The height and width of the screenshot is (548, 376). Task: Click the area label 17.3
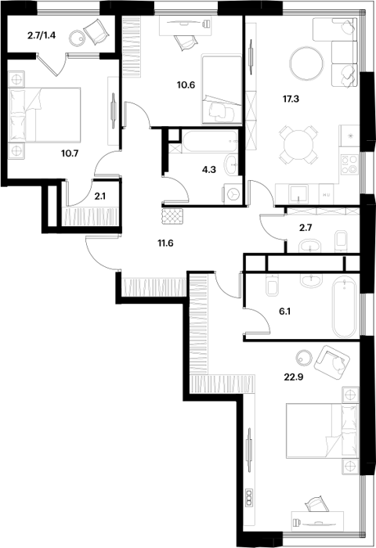(x=291, y=99)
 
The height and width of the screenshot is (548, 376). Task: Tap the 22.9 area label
(x=292, y=377)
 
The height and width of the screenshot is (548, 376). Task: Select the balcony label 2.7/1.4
(x=42, y=35)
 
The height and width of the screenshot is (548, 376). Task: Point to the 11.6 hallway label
(x=165, y=243)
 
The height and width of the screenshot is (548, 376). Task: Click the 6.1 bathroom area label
(x=284, y=312)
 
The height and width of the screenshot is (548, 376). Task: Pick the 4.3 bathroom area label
(x=209, y=170)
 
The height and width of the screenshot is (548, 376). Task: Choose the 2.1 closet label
(x=99, y=196)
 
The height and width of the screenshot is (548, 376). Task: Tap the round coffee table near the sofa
(x=307, y=64)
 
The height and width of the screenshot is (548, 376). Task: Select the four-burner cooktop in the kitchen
(x=349, y=165)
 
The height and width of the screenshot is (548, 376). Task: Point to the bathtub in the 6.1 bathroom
(x=345, y=308)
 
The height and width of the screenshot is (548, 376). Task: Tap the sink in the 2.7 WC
(x=310, y=246)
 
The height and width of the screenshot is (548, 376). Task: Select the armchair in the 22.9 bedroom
(x=331, y=362)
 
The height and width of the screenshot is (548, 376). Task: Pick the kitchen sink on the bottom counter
(x=298, y=194)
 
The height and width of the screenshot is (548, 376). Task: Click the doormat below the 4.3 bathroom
(x=172, y=217)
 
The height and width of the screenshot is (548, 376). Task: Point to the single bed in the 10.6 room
(x=222, y=89)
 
